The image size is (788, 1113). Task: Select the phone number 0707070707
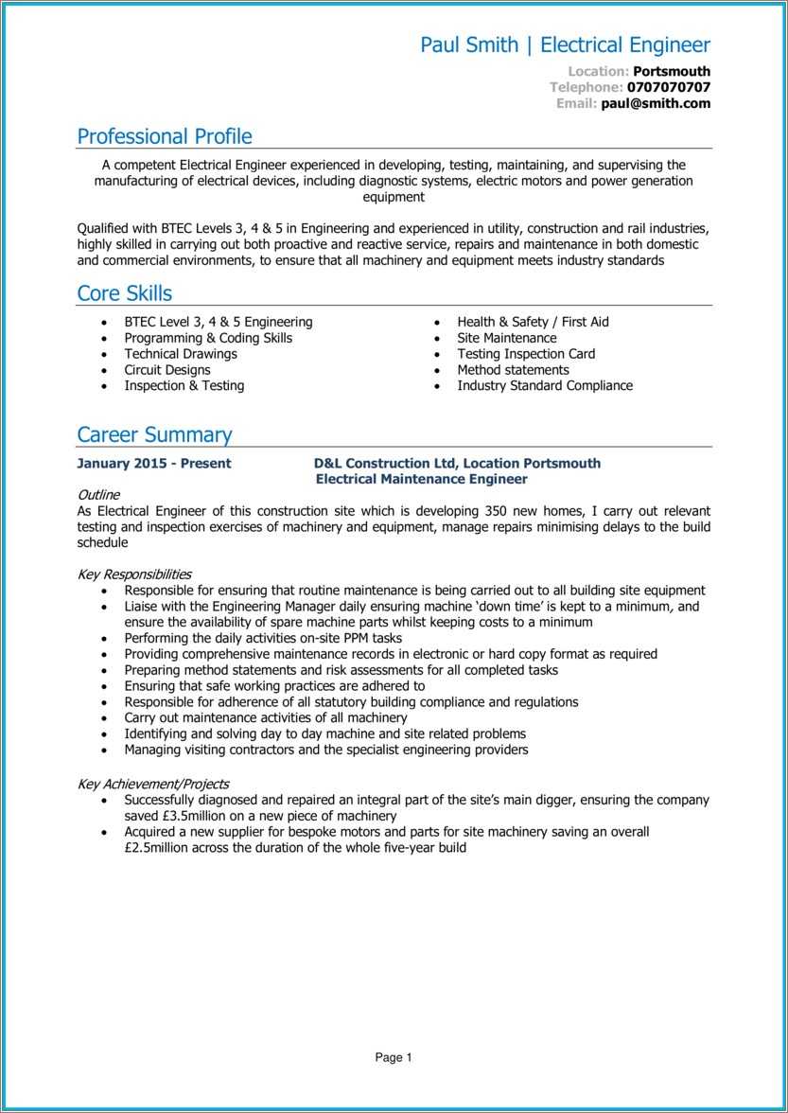pos(668,87)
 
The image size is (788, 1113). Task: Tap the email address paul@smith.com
pos(656,103)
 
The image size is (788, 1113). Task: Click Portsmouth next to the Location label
pos(671,71)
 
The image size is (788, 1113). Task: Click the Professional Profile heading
pos(165,136)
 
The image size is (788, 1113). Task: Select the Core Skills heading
pos(124,293)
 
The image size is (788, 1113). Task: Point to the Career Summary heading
pos(154,435)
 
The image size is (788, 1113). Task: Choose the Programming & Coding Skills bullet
pos(208,338)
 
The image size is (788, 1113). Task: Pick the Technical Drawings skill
pos(181,354)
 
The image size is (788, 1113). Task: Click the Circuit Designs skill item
pos(167,370)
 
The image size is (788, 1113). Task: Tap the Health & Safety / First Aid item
pos(533,322)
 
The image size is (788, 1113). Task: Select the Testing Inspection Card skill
pos(526,354)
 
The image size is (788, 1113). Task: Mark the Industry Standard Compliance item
pos(545,386)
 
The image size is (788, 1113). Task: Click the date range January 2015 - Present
pos(154,464)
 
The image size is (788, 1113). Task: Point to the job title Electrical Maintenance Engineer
pos(421,480)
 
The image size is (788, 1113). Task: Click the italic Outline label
pos(98,495)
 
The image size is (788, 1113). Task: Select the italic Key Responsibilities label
pos(134,574)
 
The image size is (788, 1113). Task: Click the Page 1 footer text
pos(394,1058)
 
